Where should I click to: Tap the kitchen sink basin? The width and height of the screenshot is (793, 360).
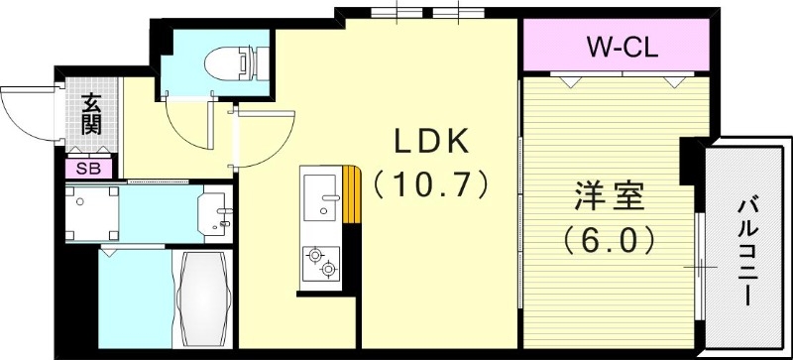tap(320, 203)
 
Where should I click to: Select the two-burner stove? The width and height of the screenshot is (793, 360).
tap(321, 263)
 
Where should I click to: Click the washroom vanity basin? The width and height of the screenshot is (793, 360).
tap(216, 211)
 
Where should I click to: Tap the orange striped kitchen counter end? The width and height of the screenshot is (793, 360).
tap(351, 194)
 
